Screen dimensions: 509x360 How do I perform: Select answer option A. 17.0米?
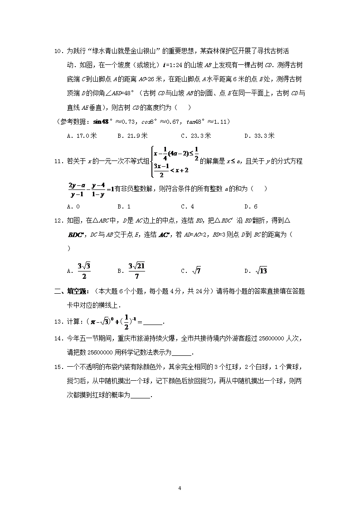pos(82,136)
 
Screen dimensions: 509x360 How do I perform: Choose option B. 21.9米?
pos(132,136)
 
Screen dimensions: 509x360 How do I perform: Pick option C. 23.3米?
pos(196,136)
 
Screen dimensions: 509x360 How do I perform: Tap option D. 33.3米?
pos(259,136)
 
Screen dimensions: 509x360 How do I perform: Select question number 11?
pos(58,161)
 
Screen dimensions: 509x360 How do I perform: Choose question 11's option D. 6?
pos(251,207)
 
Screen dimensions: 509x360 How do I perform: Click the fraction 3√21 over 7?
pos(136,271)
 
